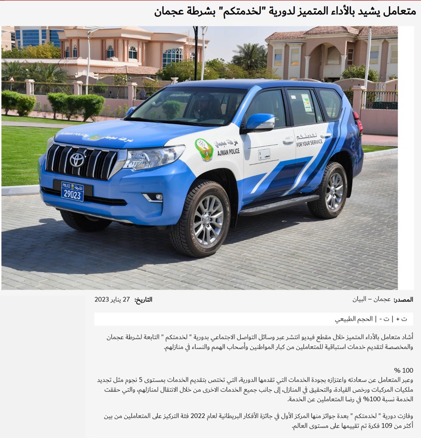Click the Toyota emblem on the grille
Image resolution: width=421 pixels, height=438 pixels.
click(x=77, y=160)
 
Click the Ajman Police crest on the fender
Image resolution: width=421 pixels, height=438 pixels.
click(x=204, y=149)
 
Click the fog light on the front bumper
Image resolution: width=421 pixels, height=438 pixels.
click(x=153, y=197)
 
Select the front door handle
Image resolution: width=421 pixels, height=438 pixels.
click(x=288, y=140)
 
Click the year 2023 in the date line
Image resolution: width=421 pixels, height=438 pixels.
click(x=102, y=300)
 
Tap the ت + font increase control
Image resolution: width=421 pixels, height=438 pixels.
click(x=401, y=319)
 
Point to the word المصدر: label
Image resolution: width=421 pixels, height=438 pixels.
click(x=403, y=300)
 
